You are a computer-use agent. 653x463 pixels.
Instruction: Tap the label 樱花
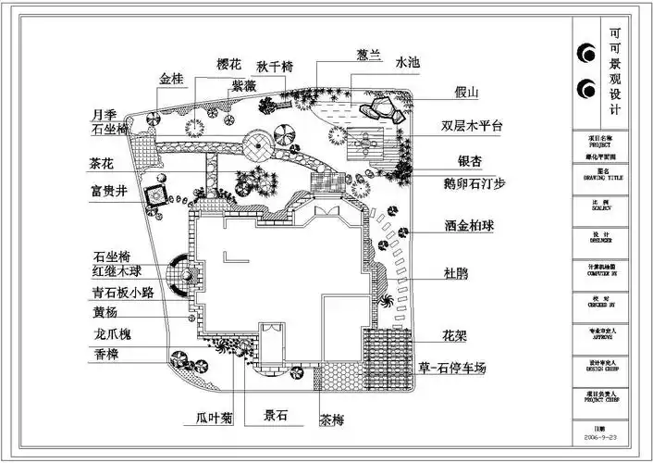pos(228,64)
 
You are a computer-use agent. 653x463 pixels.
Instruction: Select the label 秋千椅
pos(276,66)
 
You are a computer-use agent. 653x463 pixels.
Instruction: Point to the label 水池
pos(408,62)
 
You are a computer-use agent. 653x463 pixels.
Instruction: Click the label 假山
pos(466,93)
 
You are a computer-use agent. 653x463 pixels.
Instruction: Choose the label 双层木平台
pos(471,126)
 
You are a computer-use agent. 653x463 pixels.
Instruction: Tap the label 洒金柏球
pos(468,225)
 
